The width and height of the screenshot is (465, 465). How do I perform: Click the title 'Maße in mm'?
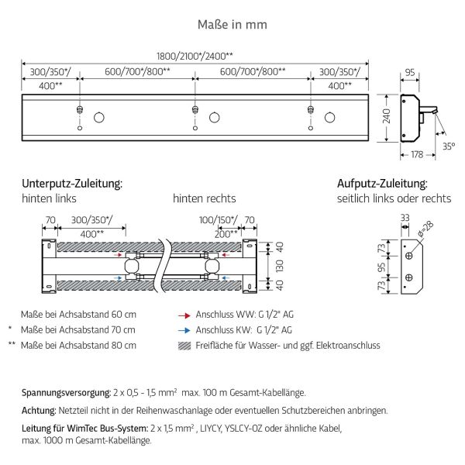[x=232, y=25]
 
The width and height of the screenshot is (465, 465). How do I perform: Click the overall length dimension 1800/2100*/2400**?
[x=195, y=57]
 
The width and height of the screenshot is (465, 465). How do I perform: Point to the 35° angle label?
[x=449, y=143]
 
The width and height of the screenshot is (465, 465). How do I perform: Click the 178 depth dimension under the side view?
[x=415, y=156]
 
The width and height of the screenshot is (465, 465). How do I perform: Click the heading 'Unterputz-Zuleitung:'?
[x=72, y=184]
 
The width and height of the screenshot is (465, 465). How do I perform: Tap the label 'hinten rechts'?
[x=204, y=198]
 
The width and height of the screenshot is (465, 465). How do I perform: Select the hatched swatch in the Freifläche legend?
[x=184, y=346]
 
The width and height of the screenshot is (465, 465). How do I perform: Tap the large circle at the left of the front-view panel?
[x=100, y=118]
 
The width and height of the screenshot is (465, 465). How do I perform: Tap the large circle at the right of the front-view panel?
[x=329, y=118]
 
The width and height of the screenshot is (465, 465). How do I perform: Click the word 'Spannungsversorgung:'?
[x=66, y=394]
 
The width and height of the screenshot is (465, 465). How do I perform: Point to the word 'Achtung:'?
[x=39, y=410]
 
